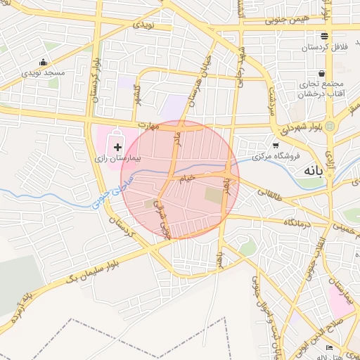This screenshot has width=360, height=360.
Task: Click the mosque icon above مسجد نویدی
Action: tap(44, 62)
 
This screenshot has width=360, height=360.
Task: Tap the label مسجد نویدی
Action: tap(42, 72)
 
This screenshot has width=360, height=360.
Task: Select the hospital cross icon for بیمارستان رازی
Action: tap(117, 146)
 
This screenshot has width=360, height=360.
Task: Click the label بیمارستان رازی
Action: tap(118, 159)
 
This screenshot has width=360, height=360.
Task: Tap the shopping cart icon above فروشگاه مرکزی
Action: tap(276, 146)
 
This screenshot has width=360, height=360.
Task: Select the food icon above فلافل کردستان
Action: tap(323, 37)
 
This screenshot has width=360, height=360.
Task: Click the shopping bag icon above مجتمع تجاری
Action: tap(321, 72)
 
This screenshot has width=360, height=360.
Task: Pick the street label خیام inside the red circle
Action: tap(187, 179)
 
